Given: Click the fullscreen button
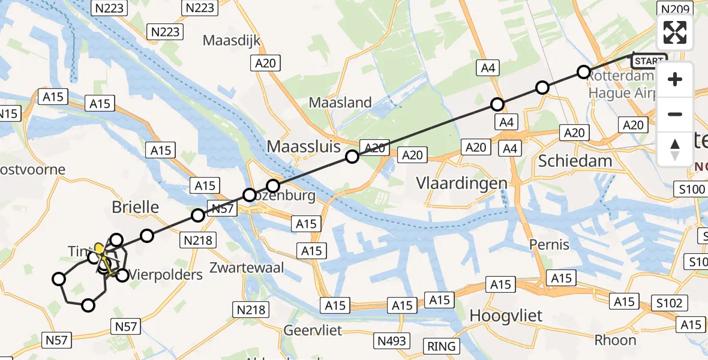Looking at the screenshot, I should [x=675, y=32].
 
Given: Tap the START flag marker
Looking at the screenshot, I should [x=649, y=61].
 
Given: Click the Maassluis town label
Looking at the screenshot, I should [x=304, y=146].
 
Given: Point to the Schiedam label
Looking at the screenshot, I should [x=575, y=160].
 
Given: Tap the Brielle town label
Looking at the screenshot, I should [x=136, y=208].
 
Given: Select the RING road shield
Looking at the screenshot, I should [x=442, y=346].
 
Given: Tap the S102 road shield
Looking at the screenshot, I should [x=669, y=303].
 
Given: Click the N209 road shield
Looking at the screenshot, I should [x=675, y=8].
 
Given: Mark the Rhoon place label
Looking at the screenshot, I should [x=615, y=340].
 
